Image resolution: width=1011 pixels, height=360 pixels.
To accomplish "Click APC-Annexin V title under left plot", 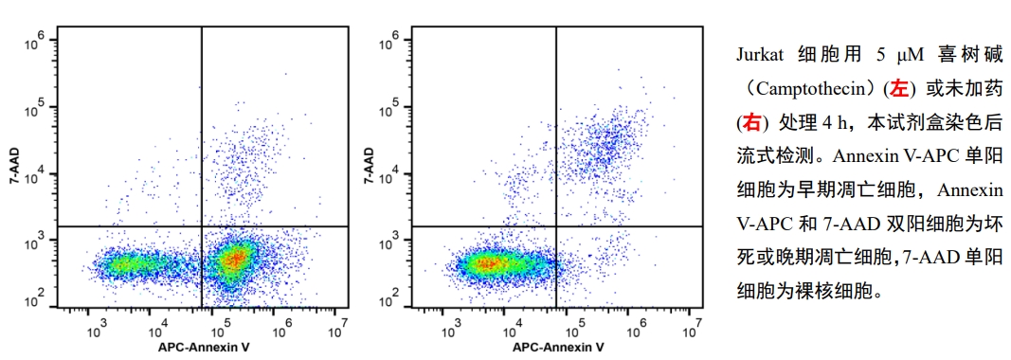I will point(204,348).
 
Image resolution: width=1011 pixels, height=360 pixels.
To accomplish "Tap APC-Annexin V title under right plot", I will point(558,348).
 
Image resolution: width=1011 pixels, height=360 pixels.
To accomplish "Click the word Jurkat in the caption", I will point(758,53).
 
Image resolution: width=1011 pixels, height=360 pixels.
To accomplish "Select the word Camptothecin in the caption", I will point(812,87).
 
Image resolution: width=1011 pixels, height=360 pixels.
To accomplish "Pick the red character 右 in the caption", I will point(751,122).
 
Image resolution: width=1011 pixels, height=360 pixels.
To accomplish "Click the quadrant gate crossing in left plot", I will point(202,226).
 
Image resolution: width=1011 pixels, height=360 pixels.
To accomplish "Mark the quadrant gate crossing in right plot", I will point(555,226).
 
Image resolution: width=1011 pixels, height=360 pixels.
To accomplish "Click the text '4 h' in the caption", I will point(830,122).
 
